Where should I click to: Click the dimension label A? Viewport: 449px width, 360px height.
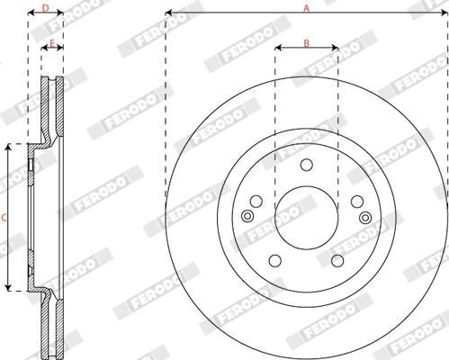click(306, 7)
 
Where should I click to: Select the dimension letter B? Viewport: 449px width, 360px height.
click(306, 41)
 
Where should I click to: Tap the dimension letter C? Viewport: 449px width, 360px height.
click(4, 217)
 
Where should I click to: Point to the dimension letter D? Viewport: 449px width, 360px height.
click(46, 7)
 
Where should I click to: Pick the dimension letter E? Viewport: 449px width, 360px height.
click(52, 42)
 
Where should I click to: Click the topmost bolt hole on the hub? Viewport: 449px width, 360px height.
click(306, 165)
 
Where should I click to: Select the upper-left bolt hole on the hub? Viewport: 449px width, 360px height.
click(256, 201)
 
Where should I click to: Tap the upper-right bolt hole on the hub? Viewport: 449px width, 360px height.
click(355, 201)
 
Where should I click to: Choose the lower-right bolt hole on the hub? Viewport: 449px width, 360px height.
click(337, 260)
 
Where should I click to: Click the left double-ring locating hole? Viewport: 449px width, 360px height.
click(248, 217)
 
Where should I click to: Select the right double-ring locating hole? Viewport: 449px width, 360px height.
click(364, 217)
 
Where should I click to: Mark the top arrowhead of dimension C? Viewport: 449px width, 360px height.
click(12, 147)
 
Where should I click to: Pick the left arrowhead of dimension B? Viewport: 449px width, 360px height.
click(277, 49)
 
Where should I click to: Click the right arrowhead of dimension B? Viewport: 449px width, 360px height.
click(335, 49)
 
